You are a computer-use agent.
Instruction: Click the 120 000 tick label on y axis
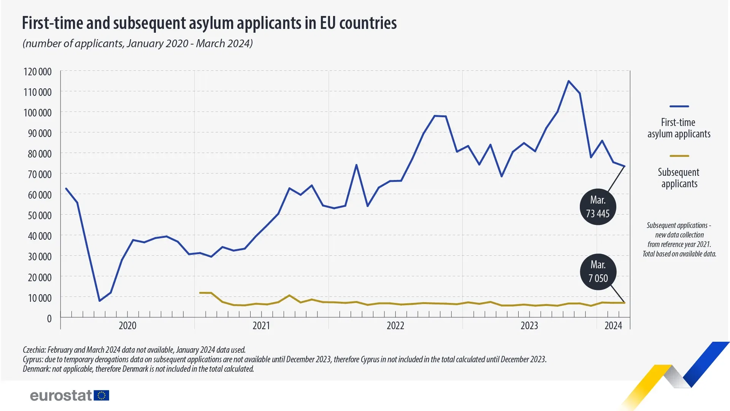[x=37, y=72]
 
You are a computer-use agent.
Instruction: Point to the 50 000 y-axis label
[x=39, y=215]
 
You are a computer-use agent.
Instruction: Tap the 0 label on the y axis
[x=49, y=319]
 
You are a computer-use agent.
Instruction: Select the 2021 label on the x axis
[x=261, y=326]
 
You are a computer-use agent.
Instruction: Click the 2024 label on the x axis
[x=613, y=326]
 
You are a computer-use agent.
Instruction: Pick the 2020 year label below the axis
[x=127, y=326]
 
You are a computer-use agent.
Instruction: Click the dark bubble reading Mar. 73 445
[x=598, y=207]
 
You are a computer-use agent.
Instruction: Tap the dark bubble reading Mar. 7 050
[x=598, y=272]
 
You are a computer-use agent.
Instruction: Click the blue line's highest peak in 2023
[x=568, y=81]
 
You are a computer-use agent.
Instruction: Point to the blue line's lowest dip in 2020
[x=100, y=301]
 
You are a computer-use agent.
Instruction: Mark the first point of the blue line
[x=66, y=188]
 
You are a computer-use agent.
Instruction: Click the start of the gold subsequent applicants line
[x=200, y=293]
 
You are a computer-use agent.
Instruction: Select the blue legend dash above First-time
[x=679, y=107]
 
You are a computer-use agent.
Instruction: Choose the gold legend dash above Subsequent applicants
[x=679, y=156]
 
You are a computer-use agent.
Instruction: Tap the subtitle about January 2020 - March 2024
[x=138, y=43]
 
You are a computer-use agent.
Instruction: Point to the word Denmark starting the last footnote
[x=36, y=369]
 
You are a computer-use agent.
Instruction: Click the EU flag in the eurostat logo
[x=102, y=395]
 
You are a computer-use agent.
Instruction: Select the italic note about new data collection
[x=679, y=239]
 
